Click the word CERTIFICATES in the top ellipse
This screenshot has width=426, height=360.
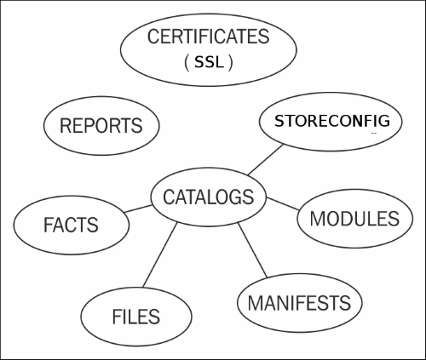(x=208, y=37)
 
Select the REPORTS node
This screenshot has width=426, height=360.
(x=101, y=126)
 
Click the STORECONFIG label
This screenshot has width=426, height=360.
(x=332, y=121)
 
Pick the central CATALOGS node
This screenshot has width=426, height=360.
(x=209, y=197)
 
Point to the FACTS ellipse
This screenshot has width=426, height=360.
(x=72, y=225)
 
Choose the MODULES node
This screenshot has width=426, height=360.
(x=355, y=219)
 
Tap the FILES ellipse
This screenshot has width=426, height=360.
(x=136, y=317)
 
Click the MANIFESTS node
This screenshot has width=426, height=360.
(x=300, y=303)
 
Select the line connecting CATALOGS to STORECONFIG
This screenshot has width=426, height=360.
(x=266, y=160)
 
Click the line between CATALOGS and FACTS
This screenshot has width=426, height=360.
(x=138, y=209)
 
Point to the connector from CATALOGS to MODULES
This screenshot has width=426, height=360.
(x=283, y=203)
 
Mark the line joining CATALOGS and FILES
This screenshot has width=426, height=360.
(x=160, y=255)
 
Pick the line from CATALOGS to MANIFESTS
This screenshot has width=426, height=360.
(x=252, y=250)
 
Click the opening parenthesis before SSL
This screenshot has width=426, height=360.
(x=187, y=63)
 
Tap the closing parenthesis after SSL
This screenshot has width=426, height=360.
(x=231, y=63)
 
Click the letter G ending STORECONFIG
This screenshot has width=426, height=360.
(x=384, y=121)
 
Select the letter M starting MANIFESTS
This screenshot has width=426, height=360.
(x=255, y=303)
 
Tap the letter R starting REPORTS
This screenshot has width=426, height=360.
(x=65, y=125)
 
